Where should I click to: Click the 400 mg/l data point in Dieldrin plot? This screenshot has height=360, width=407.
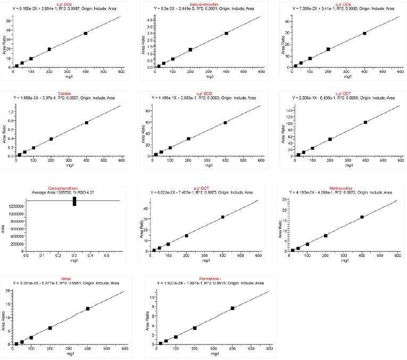[x=87, y=122]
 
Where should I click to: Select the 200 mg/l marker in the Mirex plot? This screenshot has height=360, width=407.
[x=50, y=328]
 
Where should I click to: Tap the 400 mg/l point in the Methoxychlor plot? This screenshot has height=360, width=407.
[x=362, y=217]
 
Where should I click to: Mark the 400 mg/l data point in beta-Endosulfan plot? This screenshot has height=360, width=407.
[x=226, y=34]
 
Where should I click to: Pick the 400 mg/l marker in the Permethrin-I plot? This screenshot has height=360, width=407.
[x=232, y=308]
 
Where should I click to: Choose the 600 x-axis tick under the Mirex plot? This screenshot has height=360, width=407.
[x=125, y=349]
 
